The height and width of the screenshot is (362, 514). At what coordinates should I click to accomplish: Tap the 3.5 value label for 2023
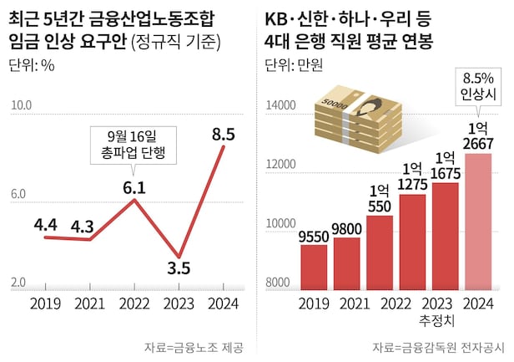[178, 268]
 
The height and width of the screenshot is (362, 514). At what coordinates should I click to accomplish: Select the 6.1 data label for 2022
[134, 187]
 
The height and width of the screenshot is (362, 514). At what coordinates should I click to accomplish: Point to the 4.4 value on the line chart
[45, 223]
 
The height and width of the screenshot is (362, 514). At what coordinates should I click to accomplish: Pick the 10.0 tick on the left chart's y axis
[21, 105]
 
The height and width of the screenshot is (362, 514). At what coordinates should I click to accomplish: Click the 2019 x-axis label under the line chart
[45, 303]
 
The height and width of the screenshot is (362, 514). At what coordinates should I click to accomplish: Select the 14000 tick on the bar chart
[280, 106]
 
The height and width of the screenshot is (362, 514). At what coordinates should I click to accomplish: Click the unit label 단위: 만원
[293, 64]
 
